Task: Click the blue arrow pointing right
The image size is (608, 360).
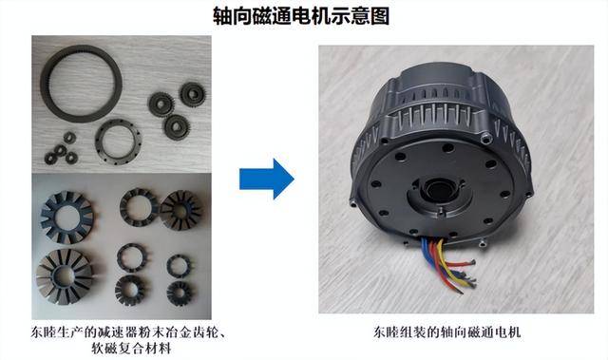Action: click(267, 179)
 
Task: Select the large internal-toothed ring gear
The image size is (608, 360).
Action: click(81, 85)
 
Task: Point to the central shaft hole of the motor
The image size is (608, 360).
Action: click(440, 190)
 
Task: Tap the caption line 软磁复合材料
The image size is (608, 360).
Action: click(131, 349)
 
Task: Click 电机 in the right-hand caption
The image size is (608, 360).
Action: click(507, 332)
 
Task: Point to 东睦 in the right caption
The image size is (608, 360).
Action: click(387, 332)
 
